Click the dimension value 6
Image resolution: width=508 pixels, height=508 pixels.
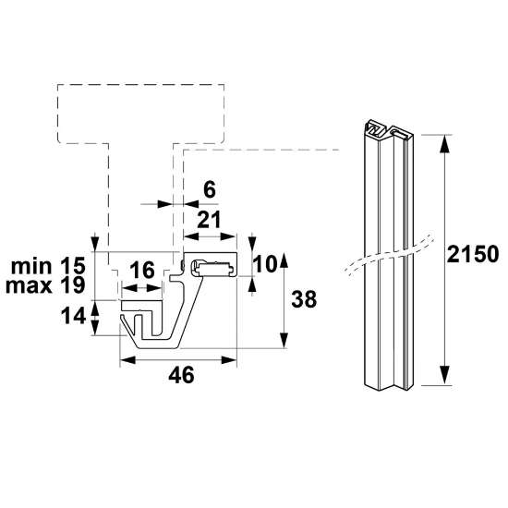(209, 189)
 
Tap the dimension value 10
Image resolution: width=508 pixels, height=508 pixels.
(266, 263)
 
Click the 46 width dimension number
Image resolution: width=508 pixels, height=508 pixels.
(182, 374)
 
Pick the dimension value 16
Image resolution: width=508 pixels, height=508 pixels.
(142, 271)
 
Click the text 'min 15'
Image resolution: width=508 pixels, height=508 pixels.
(46, 266)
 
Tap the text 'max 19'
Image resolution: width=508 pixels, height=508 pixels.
(46, 284)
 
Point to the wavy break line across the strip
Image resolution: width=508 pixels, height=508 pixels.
(388, 259)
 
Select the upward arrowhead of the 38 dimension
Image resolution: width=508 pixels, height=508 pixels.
(284, 260)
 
